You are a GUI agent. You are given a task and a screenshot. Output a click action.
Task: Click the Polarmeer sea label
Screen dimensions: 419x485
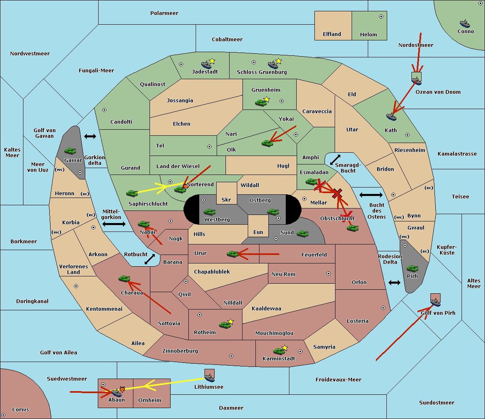164,13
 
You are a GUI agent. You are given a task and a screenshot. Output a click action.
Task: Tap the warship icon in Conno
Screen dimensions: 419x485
465,23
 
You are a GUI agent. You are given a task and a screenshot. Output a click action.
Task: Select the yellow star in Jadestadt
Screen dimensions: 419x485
212,61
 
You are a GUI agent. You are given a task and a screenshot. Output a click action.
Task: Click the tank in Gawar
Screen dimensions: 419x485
70,151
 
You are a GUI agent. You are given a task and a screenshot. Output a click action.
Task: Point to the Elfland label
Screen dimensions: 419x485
332,34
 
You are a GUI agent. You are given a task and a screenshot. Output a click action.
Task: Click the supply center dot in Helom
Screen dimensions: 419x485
381,17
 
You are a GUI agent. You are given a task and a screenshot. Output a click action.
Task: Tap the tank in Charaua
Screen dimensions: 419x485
124,278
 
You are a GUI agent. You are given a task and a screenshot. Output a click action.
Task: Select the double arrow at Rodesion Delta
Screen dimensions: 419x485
394,282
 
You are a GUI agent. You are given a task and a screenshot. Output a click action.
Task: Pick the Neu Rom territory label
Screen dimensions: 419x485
283,274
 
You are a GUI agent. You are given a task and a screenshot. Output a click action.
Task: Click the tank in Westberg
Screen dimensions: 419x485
209,212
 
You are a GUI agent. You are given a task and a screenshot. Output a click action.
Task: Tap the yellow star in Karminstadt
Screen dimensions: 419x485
285,347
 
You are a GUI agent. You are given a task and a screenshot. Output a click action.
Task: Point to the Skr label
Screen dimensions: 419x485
226,200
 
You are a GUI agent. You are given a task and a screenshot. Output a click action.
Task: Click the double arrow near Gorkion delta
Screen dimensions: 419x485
90,137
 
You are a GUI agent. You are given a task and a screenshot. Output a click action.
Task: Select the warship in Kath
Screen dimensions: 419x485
391,117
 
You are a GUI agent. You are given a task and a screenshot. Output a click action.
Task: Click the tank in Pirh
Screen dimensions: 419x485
412,268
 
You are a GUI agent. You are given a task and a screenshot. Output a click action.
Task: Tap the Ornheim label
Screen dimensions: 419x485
150,400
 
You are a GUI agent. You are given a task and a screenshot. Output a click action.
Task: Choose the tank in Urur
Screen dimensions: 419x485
232,254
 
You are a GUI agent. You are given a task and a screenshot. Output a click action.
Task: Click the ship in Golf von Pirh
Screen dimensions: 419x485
435,301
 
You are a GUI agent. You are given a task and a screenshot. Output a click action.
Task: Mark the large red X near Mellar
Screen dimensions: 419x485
337,194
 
